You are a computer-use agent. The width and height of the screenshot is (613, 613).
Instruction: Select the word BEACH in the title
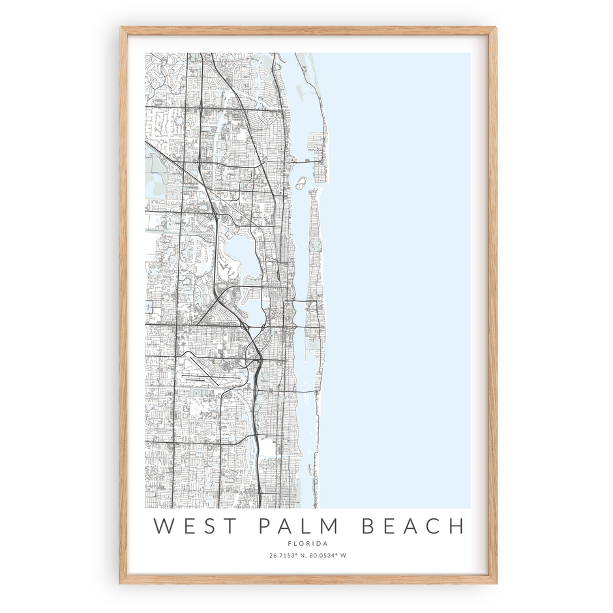tap(413, 526)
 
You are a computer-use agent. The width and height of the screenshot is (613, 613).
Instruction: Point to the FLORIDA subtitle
tap(308, 543)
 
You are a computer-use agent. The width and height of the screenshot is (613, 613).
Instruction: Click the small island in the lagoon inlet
tap(303, 182)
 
